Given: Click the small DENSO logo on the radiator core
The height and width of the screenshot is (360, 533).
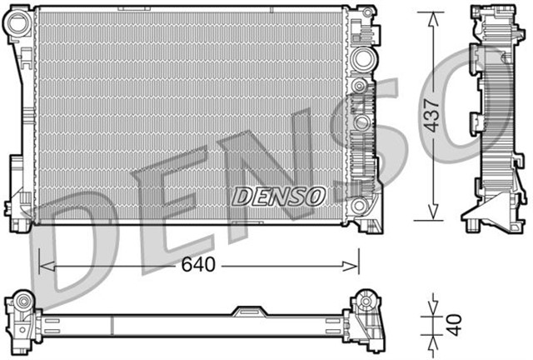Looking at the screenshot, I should point(277,197).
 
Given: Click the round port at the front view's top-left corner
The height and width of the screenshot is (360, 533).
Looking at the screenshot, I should point(18,26).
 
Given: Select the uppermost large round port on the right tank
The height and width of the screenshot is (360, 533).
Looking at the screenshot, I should point(362,60).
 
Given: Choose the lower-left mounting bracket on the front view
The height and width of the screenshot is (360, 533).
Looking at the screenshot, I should point(18,200).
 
